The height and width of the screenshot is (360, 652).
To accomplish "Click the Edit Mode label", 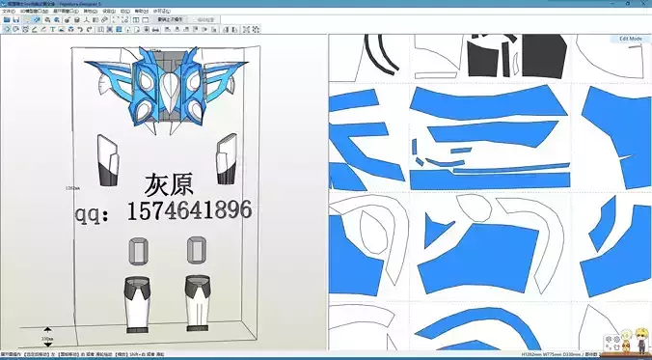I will point(630,39).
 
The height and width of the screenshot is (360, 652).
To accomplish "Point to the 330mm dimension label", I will point(47,339).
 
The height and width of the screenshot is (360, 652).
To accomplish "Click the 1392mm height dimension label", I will point(70,187).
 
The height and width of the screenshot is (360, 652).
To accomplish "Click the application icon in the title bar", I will point(5,4).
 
